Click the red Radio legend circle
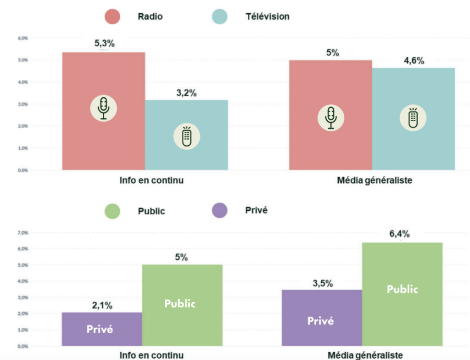[x=112, y=17]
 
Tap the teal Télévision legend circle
[x=219, y=17]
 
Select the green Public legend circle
[x=112, y=211]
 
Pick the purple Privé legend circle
[x=219, y=211]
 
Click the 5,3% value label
[x=104, y=44]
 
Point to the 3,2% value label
[x=186, y=93]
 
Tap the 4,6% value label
[x=414, y=61]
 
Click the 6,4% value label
[x=400, y=234]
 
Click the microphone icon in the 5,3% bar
[x=104, y=108]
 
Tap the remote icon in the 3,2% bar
[x=186, y=136]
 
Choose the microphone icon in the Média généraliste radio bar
[x=331, y=118]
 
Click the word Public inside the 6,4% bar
[x=402, y=289]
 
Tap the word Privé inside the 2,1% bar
[x=100, y=329]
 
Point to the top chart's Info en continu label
[x=151, y=180]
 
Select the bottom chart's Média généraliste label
[x=366, y=355]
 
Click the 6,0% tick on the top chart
[x=23, y=38]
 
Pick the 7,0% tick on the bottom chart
[x=23, y=233]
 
